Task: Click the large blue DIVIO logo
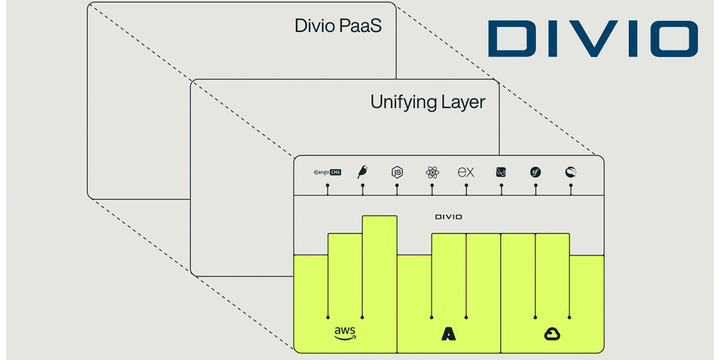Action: (592, 40)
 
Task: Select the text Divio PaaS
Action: (338, 26)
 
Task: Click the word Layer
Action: (463, 102)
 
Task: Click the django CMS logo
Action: (327, 172)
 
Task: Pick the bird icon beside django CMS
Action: (362, 172)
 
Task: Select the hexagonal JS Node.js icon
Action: (397, 172)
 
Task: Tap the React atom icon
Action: (432, 172)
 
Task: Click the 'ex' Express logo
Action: (466, 172)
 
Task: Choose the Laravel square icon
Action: (501, 172)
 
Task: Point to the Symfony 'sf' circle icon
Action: (535, 172)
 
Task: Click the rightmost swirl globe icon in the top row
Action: (570, 172)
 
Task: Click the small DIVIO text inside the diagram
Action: (448, 217)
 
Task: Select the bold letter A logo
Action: (448, 334)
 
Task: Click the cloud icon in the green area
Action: (552, 334)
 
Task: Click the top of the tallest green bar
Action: (379, 217)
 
